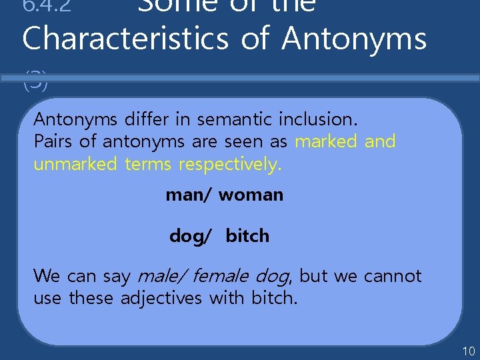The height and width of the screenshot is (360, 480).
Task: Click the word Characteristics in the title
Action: click(126, 38)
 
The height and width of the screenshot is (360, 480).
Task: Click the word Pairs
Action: click(52, 141)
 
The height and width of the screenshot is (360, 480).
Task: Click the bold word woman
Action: click(251, 195)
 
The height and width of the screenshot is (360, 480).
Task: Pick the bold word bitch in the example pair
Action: click(247, 236)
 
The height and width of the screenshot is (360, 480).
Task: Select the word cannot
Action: click(393, 275)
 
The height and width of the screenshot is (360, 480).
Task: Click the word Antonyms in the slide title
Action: click(354, 38)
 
